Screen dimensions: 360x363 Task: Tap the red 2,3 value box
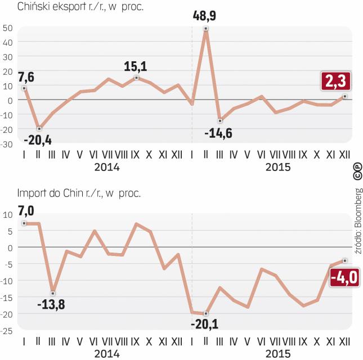[x=335, y=82]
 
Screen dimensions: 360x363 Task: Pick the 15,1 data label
[x=136, y=67]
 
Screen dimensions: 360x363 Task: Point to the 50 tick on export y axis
[x=7, y=28]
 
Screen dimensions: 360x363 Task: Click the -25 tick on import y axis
[x=7, y=330]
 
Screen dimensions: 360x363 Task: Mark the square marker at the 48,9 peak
[x=206, y=29]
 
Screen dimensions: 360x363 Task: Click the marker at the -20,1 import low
[x=206, y=313]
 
